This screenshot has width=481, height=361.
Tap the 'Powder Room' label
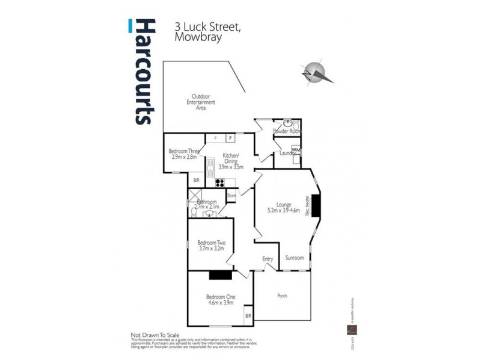(286, 131)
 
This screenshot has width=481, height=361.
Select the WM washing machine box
(296, 149)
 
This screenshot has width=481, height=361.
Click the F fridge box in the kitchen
(229, 138)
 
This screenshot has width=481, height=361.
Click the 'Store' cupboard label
(231, 196)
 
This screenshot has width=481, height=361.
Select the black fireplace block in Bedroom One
(220, 275)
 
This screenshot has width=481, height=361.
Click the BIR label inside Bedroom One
(248, 316)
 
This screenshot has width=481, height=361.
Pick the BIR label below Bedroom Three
(196, 180)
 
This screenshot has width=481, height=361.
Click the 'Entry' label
(268, 259)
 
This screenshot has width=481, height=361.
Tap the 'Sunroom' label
(295, 258)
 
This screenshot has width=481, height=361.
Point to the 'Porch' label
(281, 295)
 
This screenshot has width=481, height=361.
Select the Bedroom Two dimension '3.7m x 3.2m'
(210, 247)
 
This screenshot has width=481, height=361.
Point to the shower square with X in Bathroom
(194, 196)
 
